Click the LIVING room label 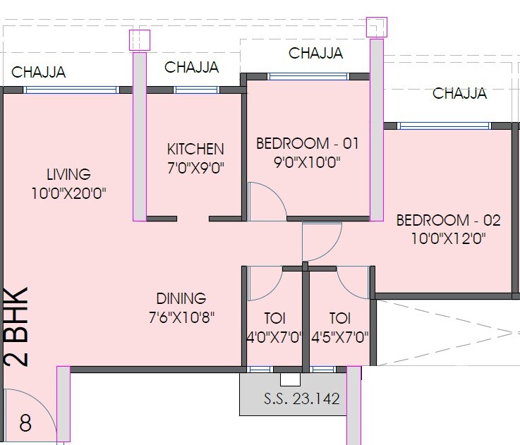pyautogui.click(x=68, y=173)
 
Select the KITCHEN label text pyautogui.click(x=195, y=149)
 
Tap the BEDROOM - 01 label pyautogui.click(x=307, y=144)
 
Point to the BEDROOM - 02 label pyautogui.click(x=448, y=220)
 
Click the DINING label pyautogui.click(x=181, y=298)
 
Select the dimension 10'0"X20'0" pyautogui.click(x=68, y=193)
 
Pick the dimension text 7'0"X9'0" pyautogui.click(x=195, y=168)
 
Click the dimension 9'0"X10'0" pyautogui.click(x=307, y=162)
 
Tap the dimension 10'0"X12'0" pyautogui.click(x=448, y=238)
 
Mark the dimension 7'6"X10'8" pyautogui.click(x=181, y=317)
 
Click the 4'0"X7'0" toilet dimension pyautogui.click(x=274, y=337)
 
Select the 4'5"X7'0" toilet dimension pyautogui.click(x=339, y=337)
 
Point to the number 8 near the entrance pyautogui.click(x=25, y=424)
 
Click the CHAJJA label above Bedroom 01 pyautogui.click(x=315, y=53)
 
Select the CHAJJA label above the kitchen pyautogui.click(x=191, y=68)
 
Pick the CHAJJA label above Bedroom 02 pyautogui.click(x=459, y=93)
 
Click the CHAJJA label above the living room pyautogui.click(x=39, y=72)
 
